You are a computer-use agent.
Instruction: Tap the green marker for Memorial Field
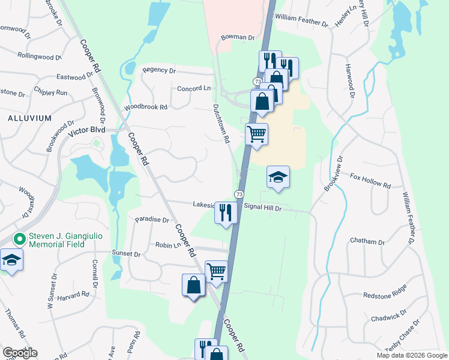click(x=20, y=239)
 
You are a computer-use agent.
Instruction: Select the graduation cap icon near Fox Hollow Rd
click(x=278, y=177)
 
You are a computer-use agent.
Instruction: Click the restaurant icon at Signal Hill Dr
click(x=226, y=213)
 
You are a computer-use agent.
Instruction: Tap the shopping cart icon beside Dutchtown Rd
click(x=256, y=134)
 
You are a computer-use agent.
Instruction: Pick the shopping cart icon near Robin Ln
click(x=216, y=271)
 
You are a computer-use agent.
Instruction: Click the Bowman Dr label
click(x=238, y=37)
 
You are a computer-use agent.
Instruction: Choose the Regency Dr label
click(x=158, y=70)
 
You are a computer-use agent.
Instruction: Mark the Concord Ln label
click(x=194, y=88)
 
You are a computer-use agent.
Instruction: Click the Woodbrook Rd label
click(x=145, y=107)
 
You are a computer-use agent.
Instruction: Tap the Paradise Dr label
click(x=152, y=220)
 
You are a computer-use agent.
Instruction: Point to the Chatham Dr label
click(x=369, y=242)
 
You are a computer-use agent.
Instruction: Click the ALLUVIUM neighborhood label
click(x=29, y=118)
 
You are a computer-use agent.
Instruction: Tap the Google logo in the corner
click(x=20, y=353)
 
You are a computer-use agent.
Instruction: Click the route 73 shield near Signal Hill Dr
click(x=239, y=194)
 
